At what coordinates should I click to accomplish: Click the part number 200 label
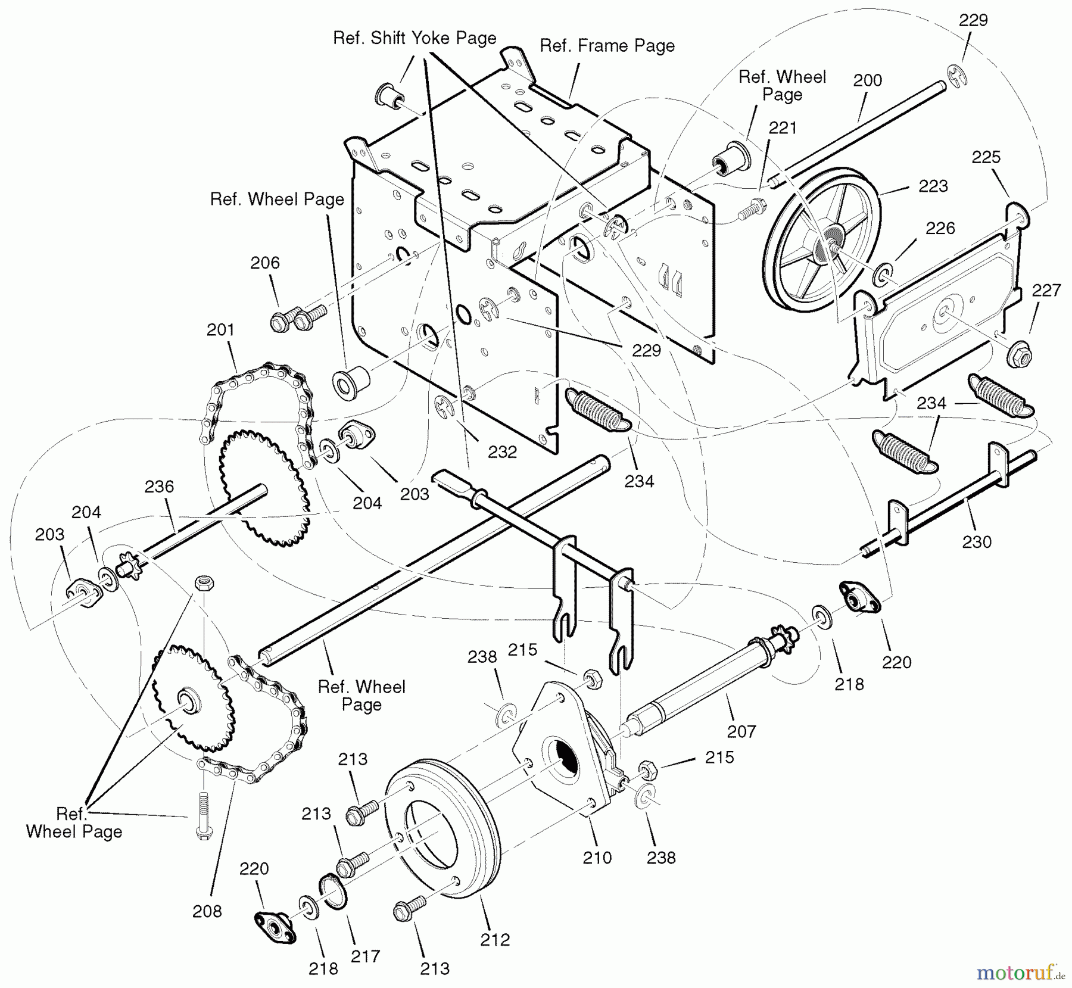pyautogui.click(x=867, y=80)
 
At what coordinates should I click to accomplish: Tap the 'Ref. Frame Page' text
pyautogui.click(x=607, y=46)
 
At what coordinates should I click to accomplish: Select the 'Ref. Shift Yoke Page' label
pyautogui.click(x=415, y=38)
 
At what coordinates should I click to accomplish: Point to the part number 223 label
pyautogui.click(x=933, y=186)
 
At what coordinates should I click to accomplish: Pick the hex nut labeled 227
pyautogui.click(x=1020, y=356)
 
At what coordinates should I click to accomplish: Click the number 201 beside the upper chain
pyautogui.click(x=220, y=329)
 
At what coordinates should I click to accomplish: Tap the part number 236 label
pyautogui.click(x=159, y=487)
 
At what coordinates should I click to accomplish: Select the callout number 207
pyautogui.click(x=741, y=731)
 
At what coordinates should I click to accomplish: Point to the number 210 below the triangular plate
pyautogui.click(x=597, y=858)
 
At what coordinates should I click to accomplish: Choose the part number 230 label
pyautogui.click(x=977, y=542)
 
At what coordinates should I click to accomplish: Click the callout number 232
pyautogui.click(x=502, y=452)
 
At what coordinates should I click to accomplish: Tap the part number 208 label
pyautogui.click(x=207, y=911)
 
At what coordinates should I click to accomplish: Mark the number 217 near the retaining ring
pyautogui.click(x=365, y=956)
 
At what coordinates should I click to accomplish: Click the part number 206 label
pyautogui.click(x=264, y=263)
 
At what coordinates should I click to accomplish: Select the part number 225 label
pyautogui.click(x=986, y=157)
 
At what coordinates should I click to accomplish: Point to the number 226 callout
pyautogui.click(x=940, y=228)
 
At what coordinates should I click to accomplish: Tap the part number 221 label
pyautogui.click(x=782, y=128)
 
